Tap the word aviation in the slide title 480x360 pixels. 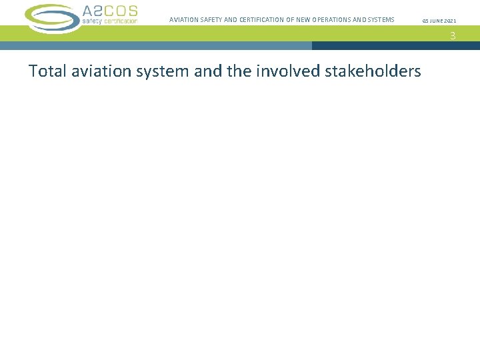coord(94,71)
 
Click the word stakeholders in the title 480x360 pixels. coord(373,71)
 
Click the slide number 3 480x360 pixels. coord(453,36)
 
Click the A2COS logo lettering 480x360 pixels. coord(110,11)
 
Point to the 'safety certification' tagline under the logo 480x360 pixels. coord(109,21)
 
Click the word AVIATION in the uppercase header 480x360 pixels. coord(184,20)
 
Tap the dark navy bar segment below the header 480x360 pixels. coord(395,46)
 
